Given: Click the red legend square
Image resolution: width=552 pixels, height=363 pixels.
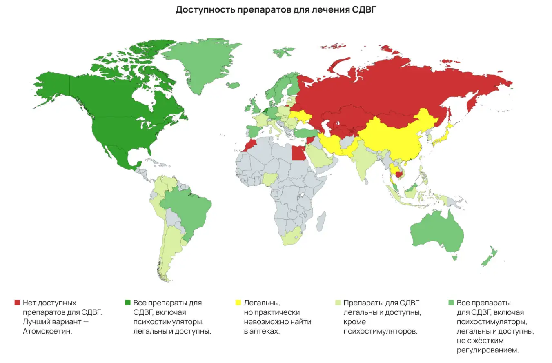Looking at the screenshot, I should click(x=17, y=303).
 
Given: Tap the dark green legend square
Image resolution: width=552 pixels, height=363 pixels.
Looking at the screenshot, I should click(x=127, y=303).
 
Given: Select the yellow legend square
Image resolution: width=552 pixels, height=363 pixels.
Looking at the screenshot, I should click(x=238, y=303).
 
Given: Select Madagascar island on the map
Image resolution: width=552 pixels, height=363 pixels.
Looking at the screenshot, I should click(x=321, y=220).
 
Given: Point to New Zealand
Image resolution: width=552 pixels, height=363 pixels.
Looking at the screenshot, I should click(x=489, y=257).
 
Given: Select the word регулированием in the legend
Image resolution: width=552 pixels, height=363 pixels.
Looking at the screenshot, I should click(x=488, y=350).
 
